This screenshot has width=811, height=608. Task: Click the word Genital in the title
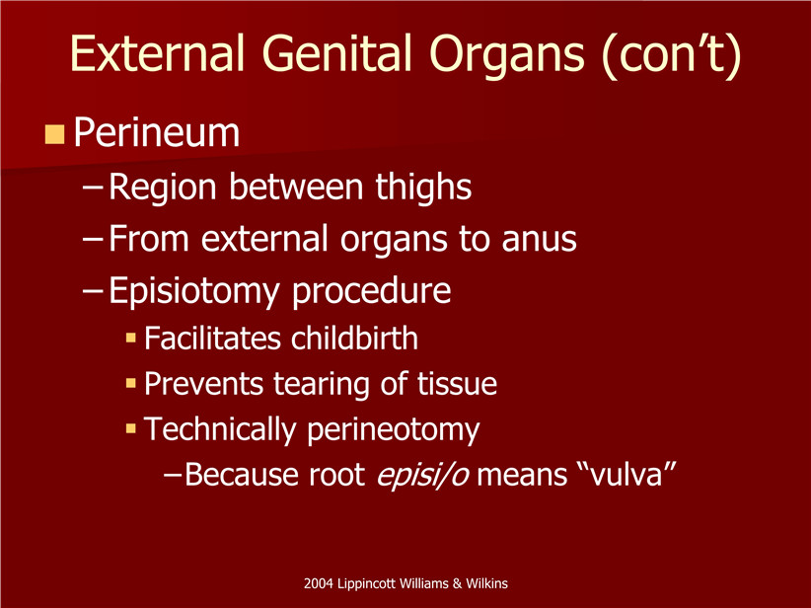tap(336, 52)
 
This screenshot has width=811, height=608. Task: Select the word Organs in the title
tap(507, 56)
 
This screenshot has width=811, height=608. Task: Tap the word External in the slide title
tap(157, 52)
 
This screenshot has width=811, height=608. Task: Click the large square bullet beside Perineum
tap(54, 134)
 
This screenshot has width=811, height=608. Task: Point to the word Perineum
tap(157, 133)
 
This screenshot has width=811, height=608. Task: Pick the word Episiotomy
tap(194, 292)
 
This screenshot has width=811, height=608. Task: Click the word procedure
tap(371, 292)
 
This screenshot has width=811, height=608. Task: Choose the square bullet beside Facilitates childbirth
tap(131, 339)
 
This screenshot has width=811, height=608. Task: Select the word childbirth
tap(354, 339)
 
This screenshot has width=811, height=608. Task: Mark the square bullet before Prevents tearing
tap(131, 383)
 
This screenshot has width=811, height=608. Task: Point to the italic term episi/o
tap(423, 475)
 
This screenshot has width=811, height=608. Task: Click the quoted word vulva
tap(629, 475)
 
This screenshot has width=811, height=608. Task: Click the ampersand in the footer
tap(457, 583)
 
